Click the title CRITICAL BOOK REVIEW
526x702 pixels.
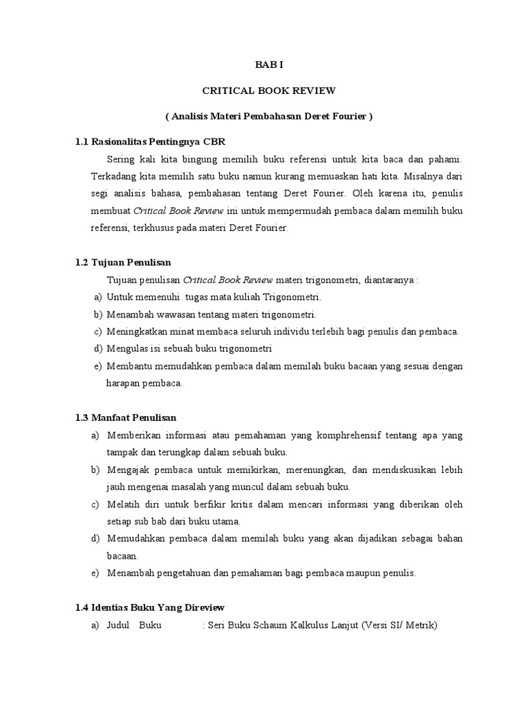(263, 90)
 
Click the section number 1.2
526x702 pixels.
(83, 263)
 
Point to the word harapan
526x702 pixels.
(123, 383)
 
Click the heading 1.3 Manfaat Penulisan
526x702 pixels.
(126, 417)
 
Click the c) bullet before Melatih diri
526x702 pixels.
(94, 505)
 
